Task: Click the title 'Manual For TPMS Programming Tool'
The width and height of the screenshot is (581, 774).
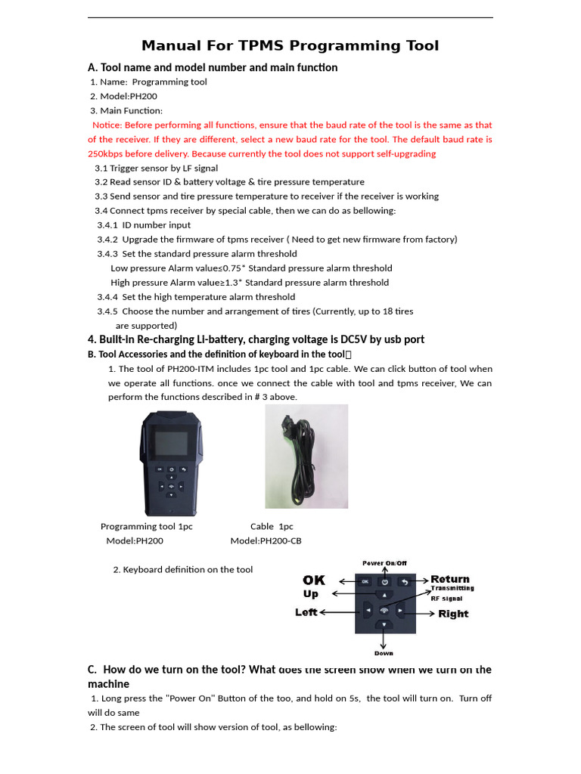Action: (x=290, y=46)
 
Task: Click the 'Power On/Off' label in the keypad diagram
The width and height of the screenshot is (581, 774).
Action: (x=384, y=563)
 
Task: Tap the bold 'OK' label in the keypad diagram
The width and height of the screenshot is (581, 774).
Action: (x=314, y=580)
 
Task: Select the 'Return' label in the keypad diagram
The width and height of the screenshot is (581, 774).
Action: (x=450, y=579)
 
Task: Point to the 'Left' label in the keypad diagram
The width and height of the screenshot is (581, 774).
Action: (x=306, y=612)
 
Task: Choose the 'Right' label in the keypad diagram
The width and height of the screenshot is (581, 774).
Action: (x=453, y=614)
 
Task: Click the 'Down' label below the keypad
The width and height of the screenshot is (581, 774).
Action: (x=384, y=653)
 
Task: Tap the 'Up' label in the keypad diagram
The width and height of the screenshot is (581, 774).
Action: (x=311, y=594)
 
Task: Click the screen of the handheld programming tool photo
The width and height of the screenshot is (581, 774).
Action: (x=170, y=444)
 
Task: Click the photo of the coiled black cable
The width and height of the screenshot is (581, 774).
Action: (x=306, y=456)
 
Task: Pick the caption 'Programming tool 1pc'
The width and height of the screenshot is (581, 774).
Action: (x=147, y=526)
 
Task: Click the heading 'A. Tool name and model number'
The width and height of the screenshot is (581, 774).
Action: (x=213, y=68)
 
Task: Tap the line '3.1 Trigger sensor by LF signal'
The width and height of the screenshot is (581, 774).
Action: (x=156, y=169)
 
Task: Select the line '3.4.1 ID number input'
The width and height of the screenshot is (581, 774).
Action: (x=144, y=225)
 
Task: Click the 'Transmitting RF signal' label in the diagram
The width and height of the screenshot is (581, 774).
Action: (x=452, y=593)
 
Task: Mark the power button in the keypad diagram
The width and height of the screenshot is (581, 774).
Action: (x=384, y=581)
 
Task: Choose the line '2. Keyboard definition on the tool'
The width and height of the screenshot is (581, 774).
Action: (x=182, y=570)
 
